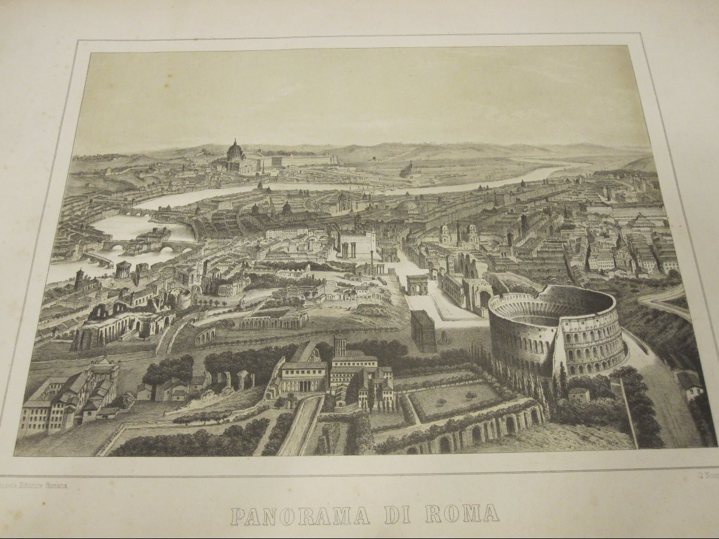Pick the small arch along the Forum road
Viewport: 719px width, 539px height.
click(418, 284)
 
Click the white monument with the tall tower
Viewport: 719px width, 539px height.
click(358, 243)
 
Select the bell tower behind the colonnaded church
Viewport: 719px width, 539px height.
click(340, 346)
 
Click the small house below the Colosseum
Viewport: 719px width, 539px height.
click(579, 394)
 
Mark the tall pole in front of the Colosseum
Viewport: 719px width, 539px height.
click(627, 413)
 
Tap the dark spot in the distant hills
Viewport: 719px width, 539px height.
click(373, 158)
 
